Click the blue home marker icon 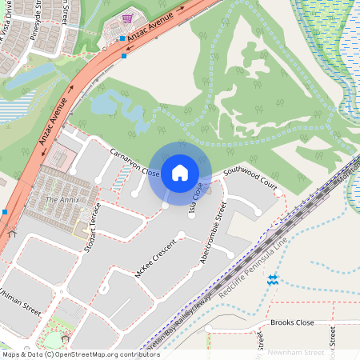coord(180,172)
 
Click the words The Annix coord(62,199)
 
